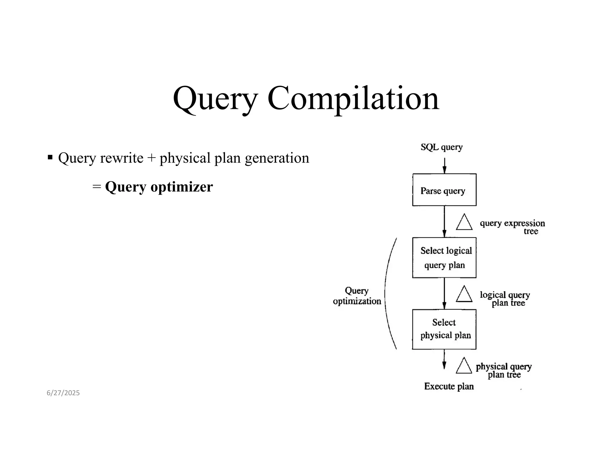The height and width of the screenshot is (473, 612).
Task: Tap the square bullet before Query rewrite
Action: tap(50, 157)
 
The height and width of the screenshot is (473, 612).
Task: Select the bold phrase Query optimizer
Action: tap(159, 187)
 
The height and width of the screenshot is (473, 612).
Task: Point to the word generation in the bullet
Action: tap(277, 158)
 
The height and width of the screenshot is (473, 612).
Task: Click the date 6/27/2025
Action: tap(63, 393)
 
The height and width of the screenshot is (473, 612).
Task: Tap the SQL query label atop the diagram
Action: tap(441, 147)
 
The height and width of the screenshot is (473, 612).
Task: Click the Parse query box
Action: tap(444, 190)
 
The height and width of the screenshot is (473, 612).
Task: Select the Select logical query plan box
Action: tap(444, 258)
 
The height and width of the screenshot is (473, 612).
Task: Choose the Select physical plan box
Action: tap(444, 329)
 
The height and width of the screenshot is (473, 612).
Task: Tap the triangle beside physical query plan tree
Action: tap(464, 367)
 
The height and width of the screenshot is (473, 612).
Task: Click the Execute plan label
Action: tap(449, 386)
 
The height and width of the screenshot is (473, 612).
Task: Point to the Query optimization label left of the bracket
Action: tap(357, 296)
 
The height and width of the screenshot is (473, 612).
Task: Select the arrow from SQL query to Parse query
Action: tap(444, 165)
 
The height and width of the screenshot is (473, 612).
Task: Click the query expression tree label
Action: tap(512, 227)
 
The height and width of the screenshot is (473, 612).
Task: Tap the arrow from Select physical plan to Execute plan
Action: tap(444, 359)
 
